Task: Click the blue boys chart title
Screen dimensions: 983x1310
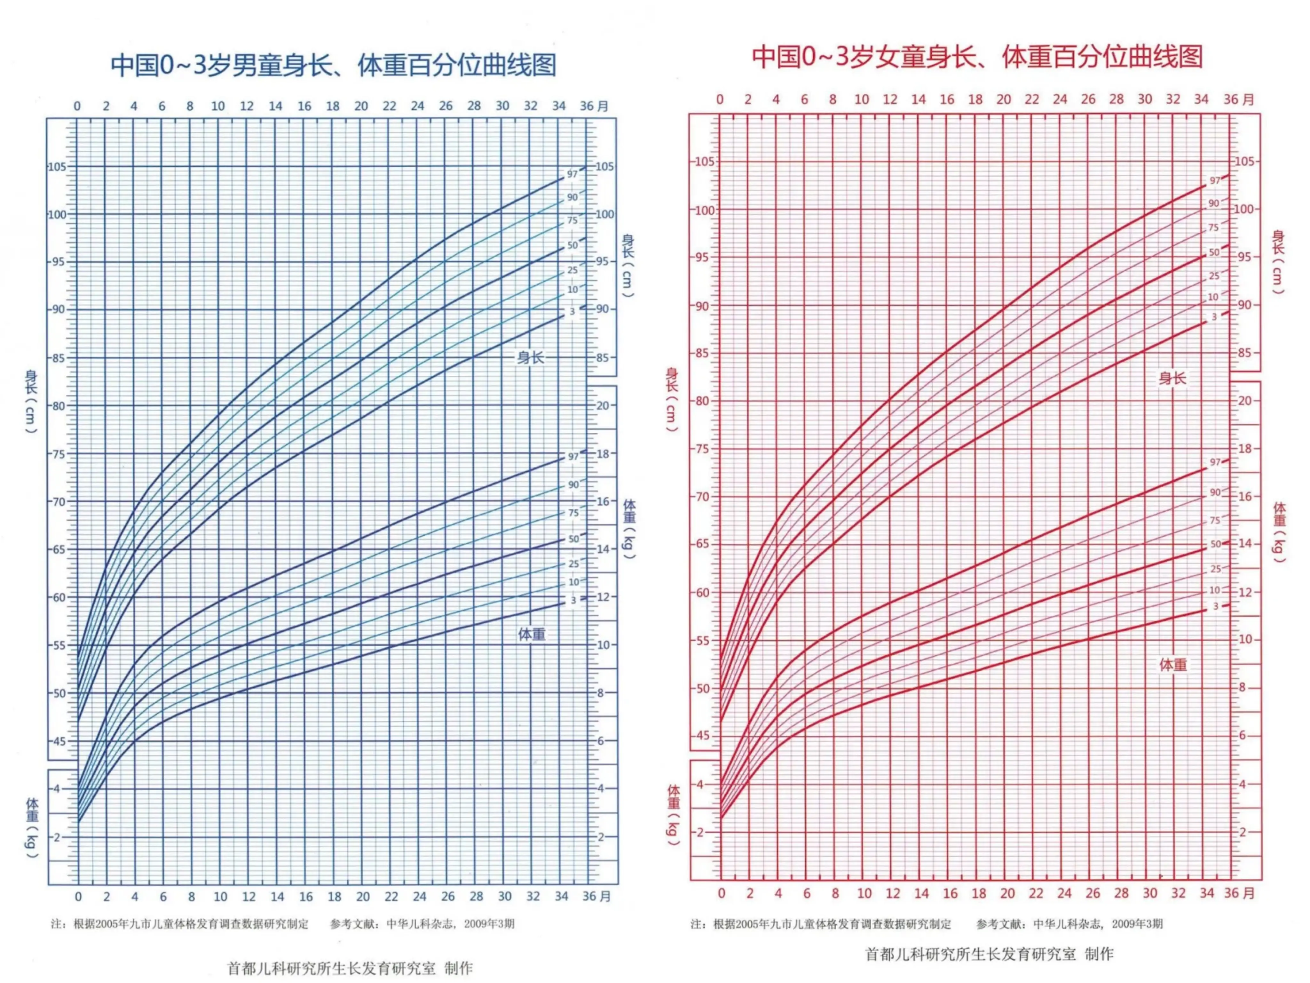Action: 334,65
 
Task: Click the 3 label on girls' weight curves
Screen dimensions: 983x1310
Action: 1215,606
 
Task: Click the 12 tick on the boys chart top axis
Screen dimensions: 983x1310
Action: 246,106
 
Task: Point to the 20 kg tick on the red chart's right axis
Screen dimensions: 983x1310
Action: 1245,401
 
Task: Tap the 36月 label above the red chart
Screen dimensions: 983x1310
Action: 1239,100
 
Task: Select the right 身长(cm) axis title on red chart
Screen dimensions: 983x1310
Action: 1278,261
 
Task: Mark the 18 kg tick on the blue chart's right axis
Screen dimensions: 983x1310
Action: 602,454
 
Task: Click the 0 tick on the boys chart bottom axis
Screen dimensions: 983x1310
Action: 78,897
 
